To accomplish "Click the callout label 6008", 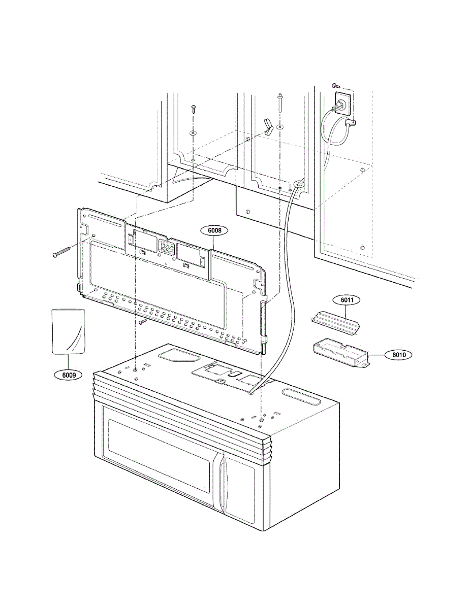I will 214,230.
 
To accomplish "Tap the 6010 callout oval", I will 399,355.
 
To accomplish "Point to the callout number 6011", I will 347,300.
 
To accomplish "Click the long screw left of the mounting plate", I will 62,252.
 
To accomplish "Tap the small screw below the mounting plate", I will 143,321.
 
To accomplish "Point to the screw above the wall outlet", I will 335,85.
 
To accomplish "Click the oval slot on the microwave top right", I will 300,395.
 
